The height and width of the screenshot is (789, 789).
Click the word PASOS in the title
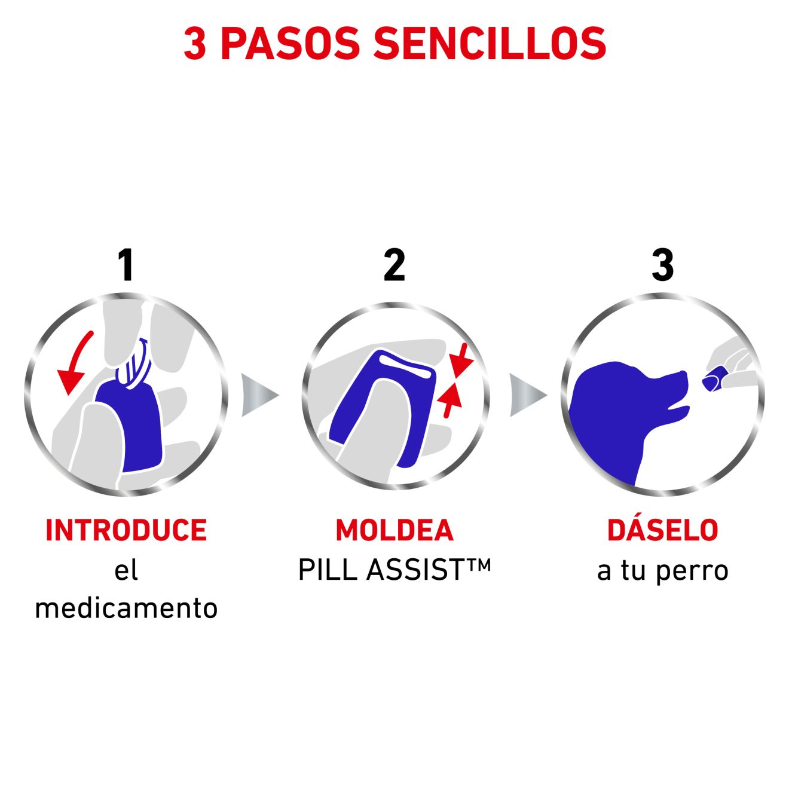(290, 44)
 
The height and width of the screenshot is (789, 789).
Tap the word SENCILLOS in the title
(490, 44)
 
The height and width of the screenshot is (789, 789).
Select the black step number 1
(126, 265)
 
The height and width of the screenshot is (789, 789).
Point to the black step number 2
(394, 265)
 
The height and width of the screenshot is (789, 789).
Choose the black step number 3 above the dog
(662, 265)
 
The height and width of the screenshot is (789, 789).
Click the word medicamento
(126, 609)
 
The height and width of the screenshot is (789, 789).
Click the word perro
(692, 571)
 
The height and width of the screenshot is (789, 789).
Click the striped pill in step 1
(133, 363)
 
